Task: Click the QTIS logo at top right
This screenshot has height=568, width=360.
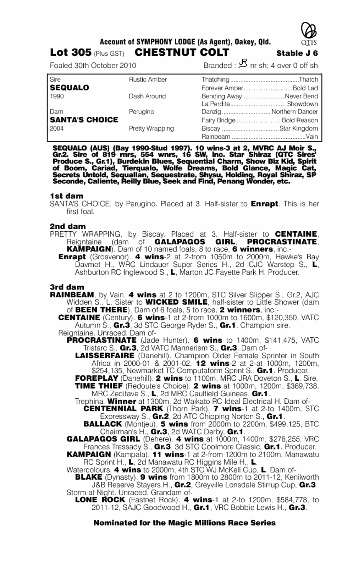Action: [x=308, y=32]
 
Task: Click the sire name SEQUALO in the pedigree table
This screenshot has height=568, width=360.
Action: [x=69, y=88]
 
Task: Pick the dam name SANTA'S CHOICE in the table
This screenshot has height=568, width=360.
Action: [x=83, y=120]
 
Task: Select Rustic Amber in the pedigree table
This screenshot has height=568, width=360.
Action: [x=148, y=80]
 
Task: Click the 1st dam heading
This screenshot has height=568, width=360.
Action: [x=66, y=196]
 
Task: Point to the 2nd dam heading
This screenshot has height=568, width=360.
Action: [x=67, y=226]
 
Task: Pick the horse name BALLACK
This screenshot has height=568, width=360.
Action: [x=103, y=423]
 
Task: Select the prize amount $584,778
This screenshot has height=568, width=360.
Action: [x=289, y=499]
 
